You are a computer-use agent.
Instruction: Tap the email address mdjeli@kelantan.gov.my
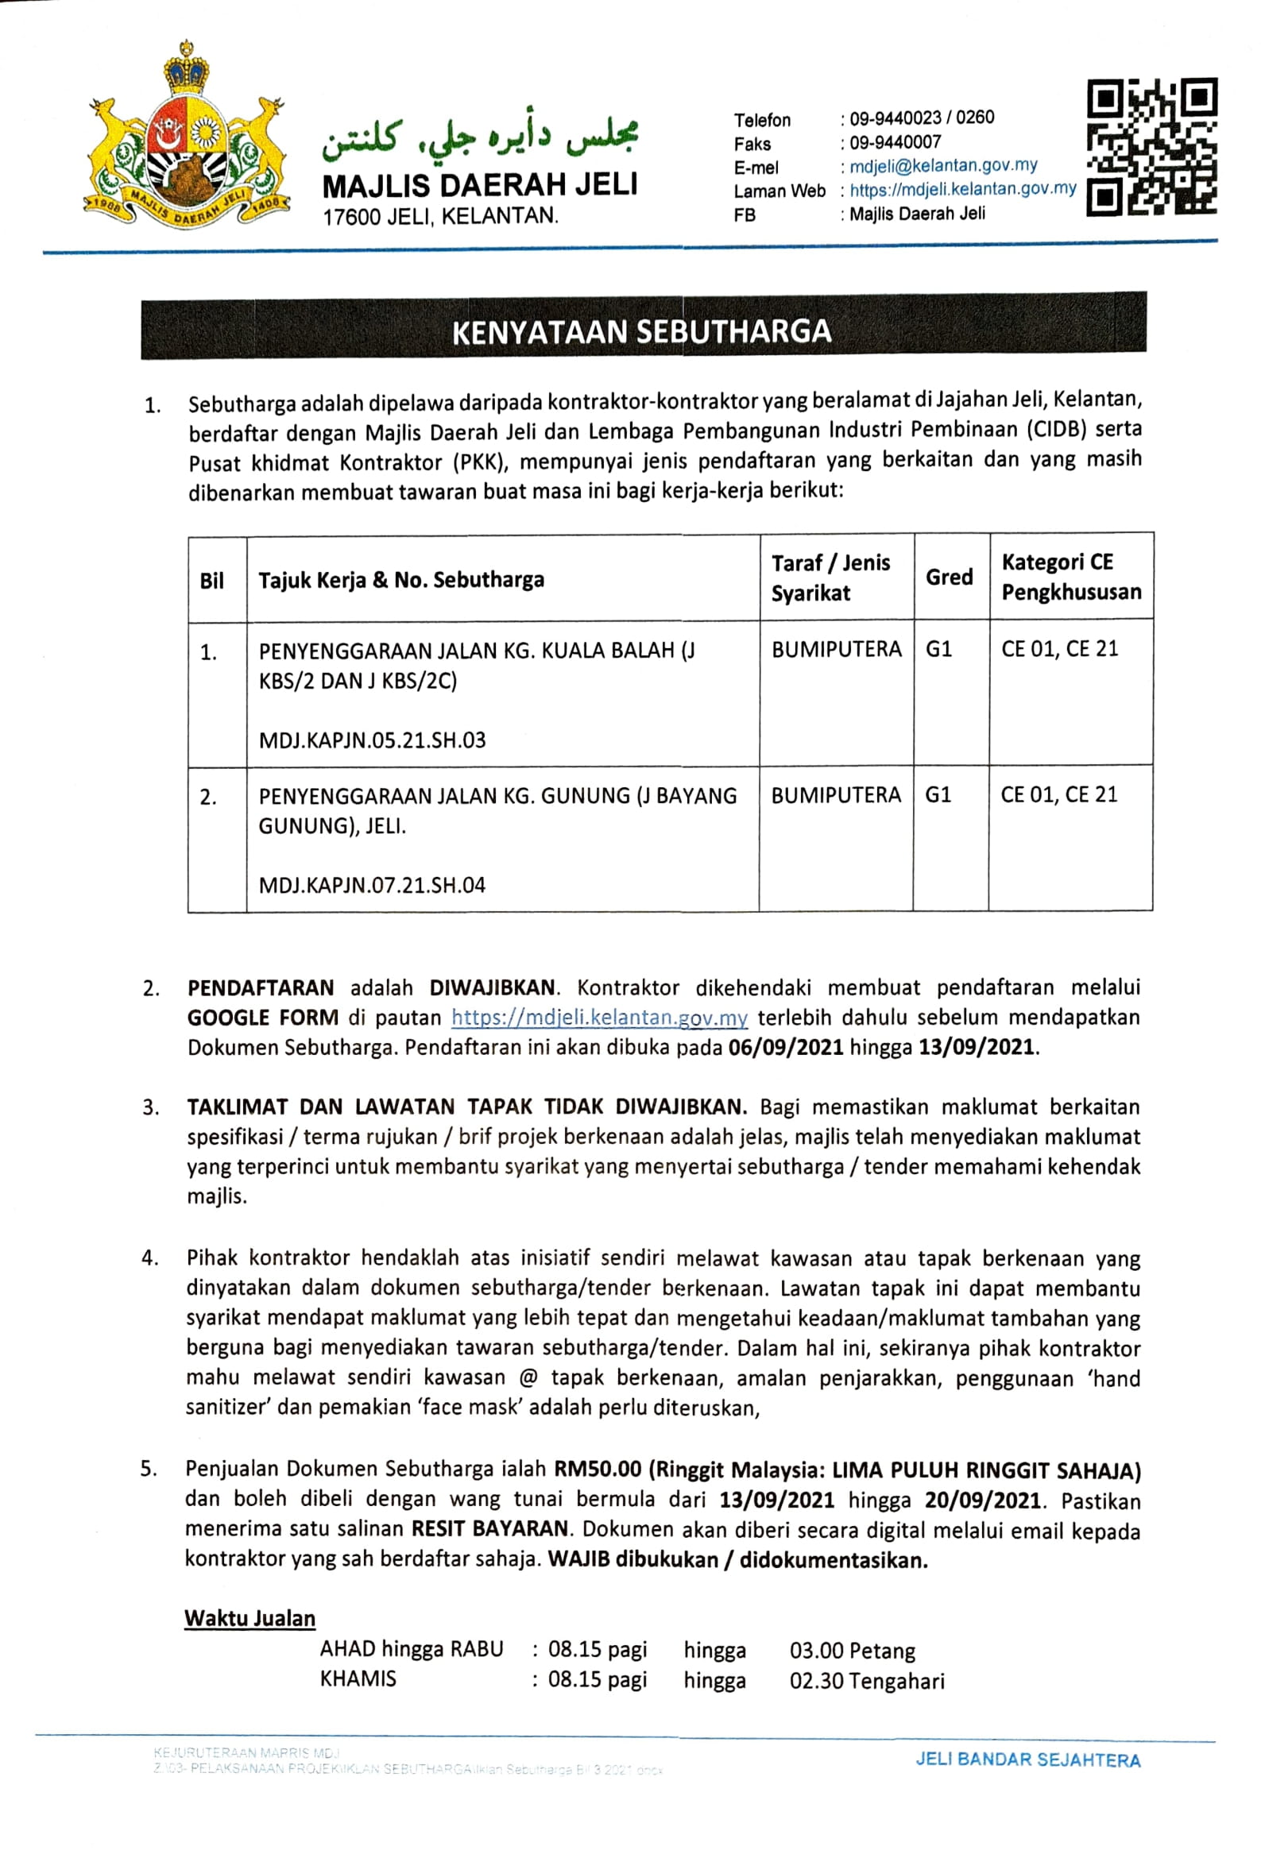tap(942, 165)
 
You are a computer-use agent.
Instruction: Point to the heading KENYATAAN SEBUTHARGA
tap(642, 331)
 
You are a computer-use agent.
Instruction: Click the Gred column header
tap(949, 577)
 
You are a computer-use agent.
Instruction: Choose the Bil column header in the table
tap(212, 581)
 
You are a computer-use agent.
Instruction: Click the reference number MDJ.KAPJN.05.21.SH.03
tap(372, 740)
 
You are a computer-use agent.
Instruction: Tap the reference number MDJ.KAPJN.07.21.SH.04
tap(372, 885)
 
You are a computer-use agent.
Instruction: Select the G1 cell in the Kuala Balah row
tap(938, 648)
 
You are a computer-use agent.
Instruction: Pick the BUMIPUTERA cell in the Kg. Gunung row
tap(836, 794)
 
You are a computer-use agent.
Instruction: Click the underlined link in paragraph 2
tap(599, 1018)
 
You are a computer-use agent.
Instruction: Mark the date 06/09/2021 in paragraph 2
tap(785, 1047)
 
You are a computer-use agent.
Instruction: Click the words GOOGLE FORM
tap(262, 1018)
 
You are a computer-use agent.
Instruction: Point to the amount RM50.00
tap(598, 1469)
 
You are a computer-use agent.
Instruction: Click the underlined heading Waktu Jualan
tap(249, 1618)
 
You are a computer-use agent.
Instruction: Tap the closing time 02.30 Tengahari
tap(866, 1681)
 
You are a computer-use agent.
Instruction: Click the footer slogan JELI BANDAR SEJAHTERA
tap(1027, 1759)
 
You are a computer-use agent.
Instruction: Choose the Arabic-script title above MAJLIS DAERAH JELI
tap(480, 138)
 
